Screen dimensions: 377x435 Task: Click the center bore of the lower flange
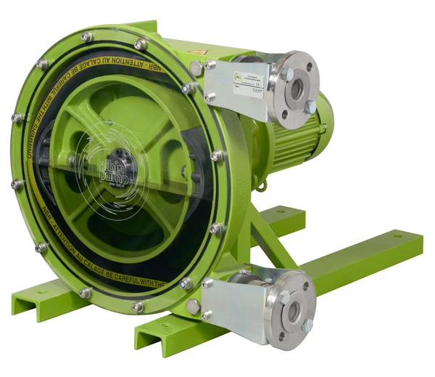pos(293,311)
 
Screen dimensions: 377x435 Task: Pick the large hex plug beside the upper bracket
pos(196,68)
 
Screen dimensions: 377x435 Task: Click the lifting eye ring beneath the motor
pos(262,187)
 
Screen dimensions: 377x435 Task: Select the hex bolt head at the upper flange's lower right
pos(310,107)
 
